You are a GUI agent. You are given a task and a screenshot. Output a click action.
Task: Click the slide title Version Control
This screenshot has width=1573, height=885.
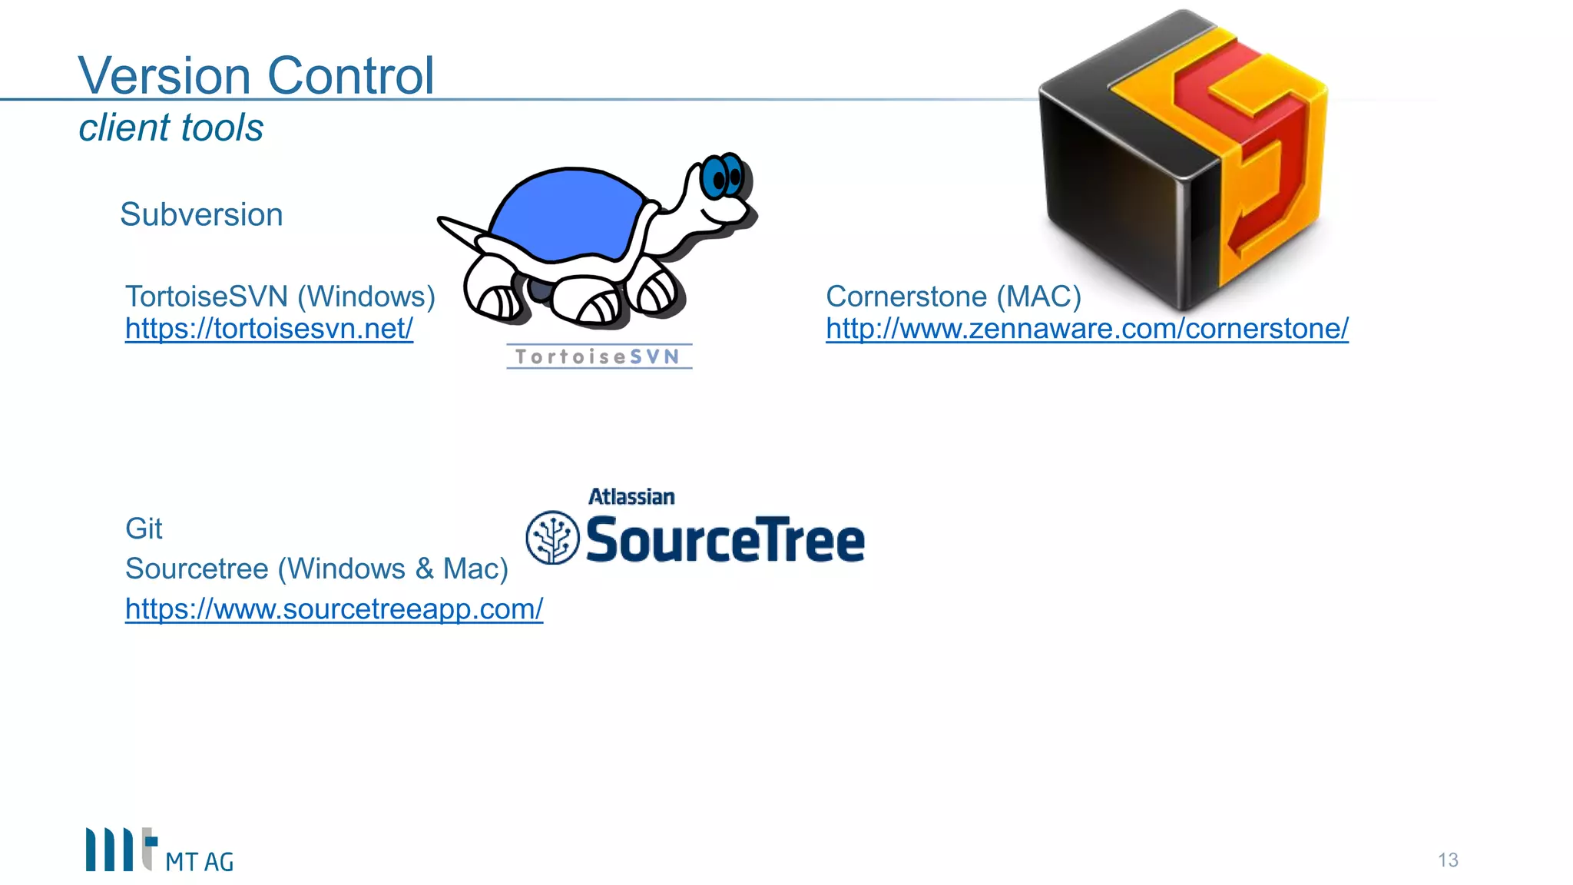point(256,75)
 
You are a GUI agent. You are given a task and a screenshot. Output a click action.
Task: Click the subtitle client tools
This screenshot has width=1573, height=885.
point(171,128)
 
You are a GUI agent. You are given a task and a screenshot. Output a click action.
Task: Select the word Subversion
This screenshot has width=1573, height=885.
point(201,214)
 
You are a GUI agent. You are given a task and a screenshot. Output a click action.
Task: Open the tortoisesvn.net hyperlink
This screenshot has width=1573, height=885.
point(269,329)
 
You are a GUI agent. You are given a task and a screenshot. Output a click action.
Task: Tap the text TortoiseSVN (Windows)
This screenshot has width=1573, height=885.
point(280,297)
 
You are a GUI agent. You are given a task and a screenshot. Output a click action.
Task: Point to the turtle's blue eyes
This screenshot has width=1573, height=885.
point(723,177)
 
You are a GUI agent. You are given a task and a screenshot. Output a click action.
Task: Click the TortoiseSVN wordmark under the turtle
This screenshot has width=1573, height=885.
point(598,356)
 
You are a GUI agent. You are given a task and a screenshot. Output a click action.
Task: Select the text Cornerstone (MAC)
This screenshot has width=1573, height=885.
point(953,297)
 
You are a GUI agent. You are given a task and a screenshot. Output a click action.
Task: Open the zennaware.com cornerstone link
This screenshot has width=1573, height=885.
point(1087,329)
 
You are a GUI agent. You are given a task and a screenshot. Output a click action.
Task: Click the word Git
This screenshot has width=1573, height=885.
point(144,529)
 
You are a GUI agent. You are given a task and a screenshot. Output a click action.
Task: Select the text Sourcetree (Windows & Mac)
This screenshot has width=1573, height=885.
point(316,569)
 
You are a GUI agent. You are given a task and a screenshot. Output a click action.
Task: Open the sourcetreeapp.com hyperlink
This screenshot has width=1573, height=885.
point(334,609)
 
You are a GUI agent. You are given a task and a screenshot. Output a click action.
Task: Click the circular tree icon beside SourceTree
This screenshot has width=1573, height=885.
point(552,538)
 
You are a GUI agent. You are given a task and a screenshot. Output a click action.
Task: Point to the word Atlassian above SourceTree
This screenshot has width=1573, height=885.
point(631,497)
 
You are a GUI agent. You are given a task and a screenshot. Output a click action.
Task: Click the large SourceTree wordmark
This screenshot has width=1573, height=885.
point(725,540)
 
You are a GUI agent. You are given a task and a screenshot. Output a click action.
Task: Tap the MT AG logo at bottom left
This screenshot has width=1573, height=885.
point(159,850)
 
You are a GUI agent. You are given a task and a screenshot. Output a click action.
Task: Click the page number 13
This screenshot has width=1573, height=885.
point(1448,860)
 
